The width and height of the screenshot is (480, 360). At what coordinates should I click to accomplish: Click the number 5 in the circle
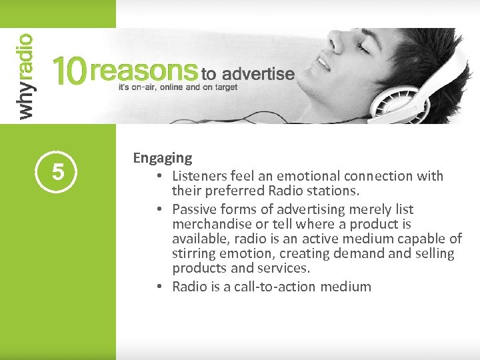[x=58, y=173]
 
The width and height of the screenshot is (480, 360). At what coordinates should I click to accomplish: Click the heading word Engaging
[x=162, y=159]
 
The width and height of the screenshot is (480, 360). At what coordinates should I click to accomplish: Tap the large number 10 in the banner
[x=69, y=71]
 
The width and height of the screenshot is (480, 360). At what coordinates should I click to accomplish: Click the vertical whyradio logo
[x=25, y=77]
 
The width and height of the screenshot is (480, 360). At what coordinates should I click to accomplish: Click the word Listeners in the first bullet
[x=199, y=176]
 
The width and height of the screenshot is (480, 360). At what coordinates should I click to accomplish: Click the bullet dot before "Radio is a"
[x=161, y=287]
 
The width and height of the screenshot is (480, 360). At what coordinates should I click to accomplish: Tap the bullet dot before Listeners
[x=161, y=177]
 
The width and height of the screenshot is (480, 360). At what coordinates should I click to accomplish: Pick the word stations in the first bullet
[x=335, y=191]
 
